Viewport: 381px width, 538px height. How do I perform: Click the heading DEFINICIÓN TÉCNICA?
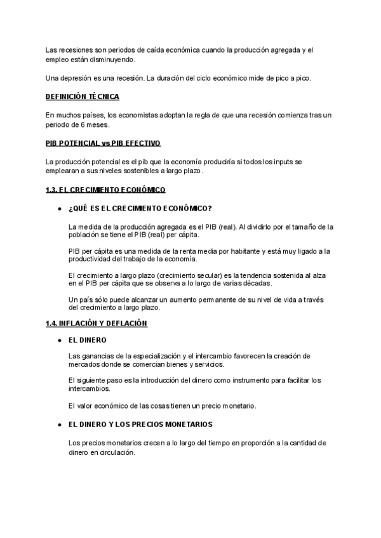click(x=82, y=97)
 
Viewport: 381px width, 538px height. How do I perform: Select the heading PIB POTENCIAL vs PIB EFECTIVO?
click(x=103, y=144)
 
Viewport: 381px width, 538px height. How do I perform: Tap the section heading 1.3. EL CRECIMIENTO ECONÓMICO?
click(x=105, y=190)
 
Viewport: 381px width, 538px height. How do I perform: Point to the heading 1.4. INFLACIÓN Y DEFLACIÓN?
click(x=97, y=324)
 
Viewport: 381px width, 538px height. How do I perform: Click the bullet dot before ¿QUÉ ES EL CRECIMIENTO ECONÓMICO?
click(x=59, y=209)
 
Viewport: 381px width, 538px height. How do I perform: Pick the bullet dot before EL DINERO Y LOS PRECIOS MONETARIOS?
click(x=59, y=424)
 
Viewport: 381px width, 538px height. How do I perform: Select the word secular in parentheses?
click(x=186, y=274)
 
